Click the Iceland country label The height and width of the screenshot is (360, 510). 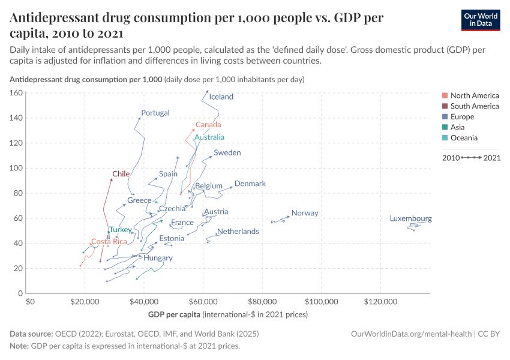coord(221,97)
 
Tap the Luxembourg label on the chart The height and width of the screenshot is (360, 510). coord(410,219)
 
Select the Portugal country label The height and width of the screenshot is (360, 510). coord(155,113)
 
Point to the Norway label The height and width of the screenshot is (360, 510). coord(305,213)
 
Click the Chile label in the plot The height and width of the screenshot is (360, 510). coord(121,174)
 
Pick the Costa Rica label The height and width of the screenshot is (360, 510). coord(109,242)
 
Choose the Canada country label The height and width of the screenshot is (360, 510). coord(208,125)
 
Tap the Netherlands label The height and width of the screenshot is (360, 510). coord(238,231)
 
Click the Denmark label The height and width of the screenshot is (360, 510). coord(250,184)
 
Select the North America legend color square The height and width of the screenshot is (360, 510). coord(444,95)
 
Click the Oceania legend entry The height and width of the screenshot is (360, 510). coord(464,138)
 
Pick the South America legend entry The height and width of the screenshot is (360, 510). coord(474,106)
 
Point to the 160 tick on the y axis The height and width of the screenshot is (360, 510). coord(16,93)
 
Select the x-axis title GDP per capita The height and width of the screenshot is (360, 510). coord(174,314)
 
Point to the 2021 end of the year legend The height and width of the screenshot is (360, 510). coord(491,158)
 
